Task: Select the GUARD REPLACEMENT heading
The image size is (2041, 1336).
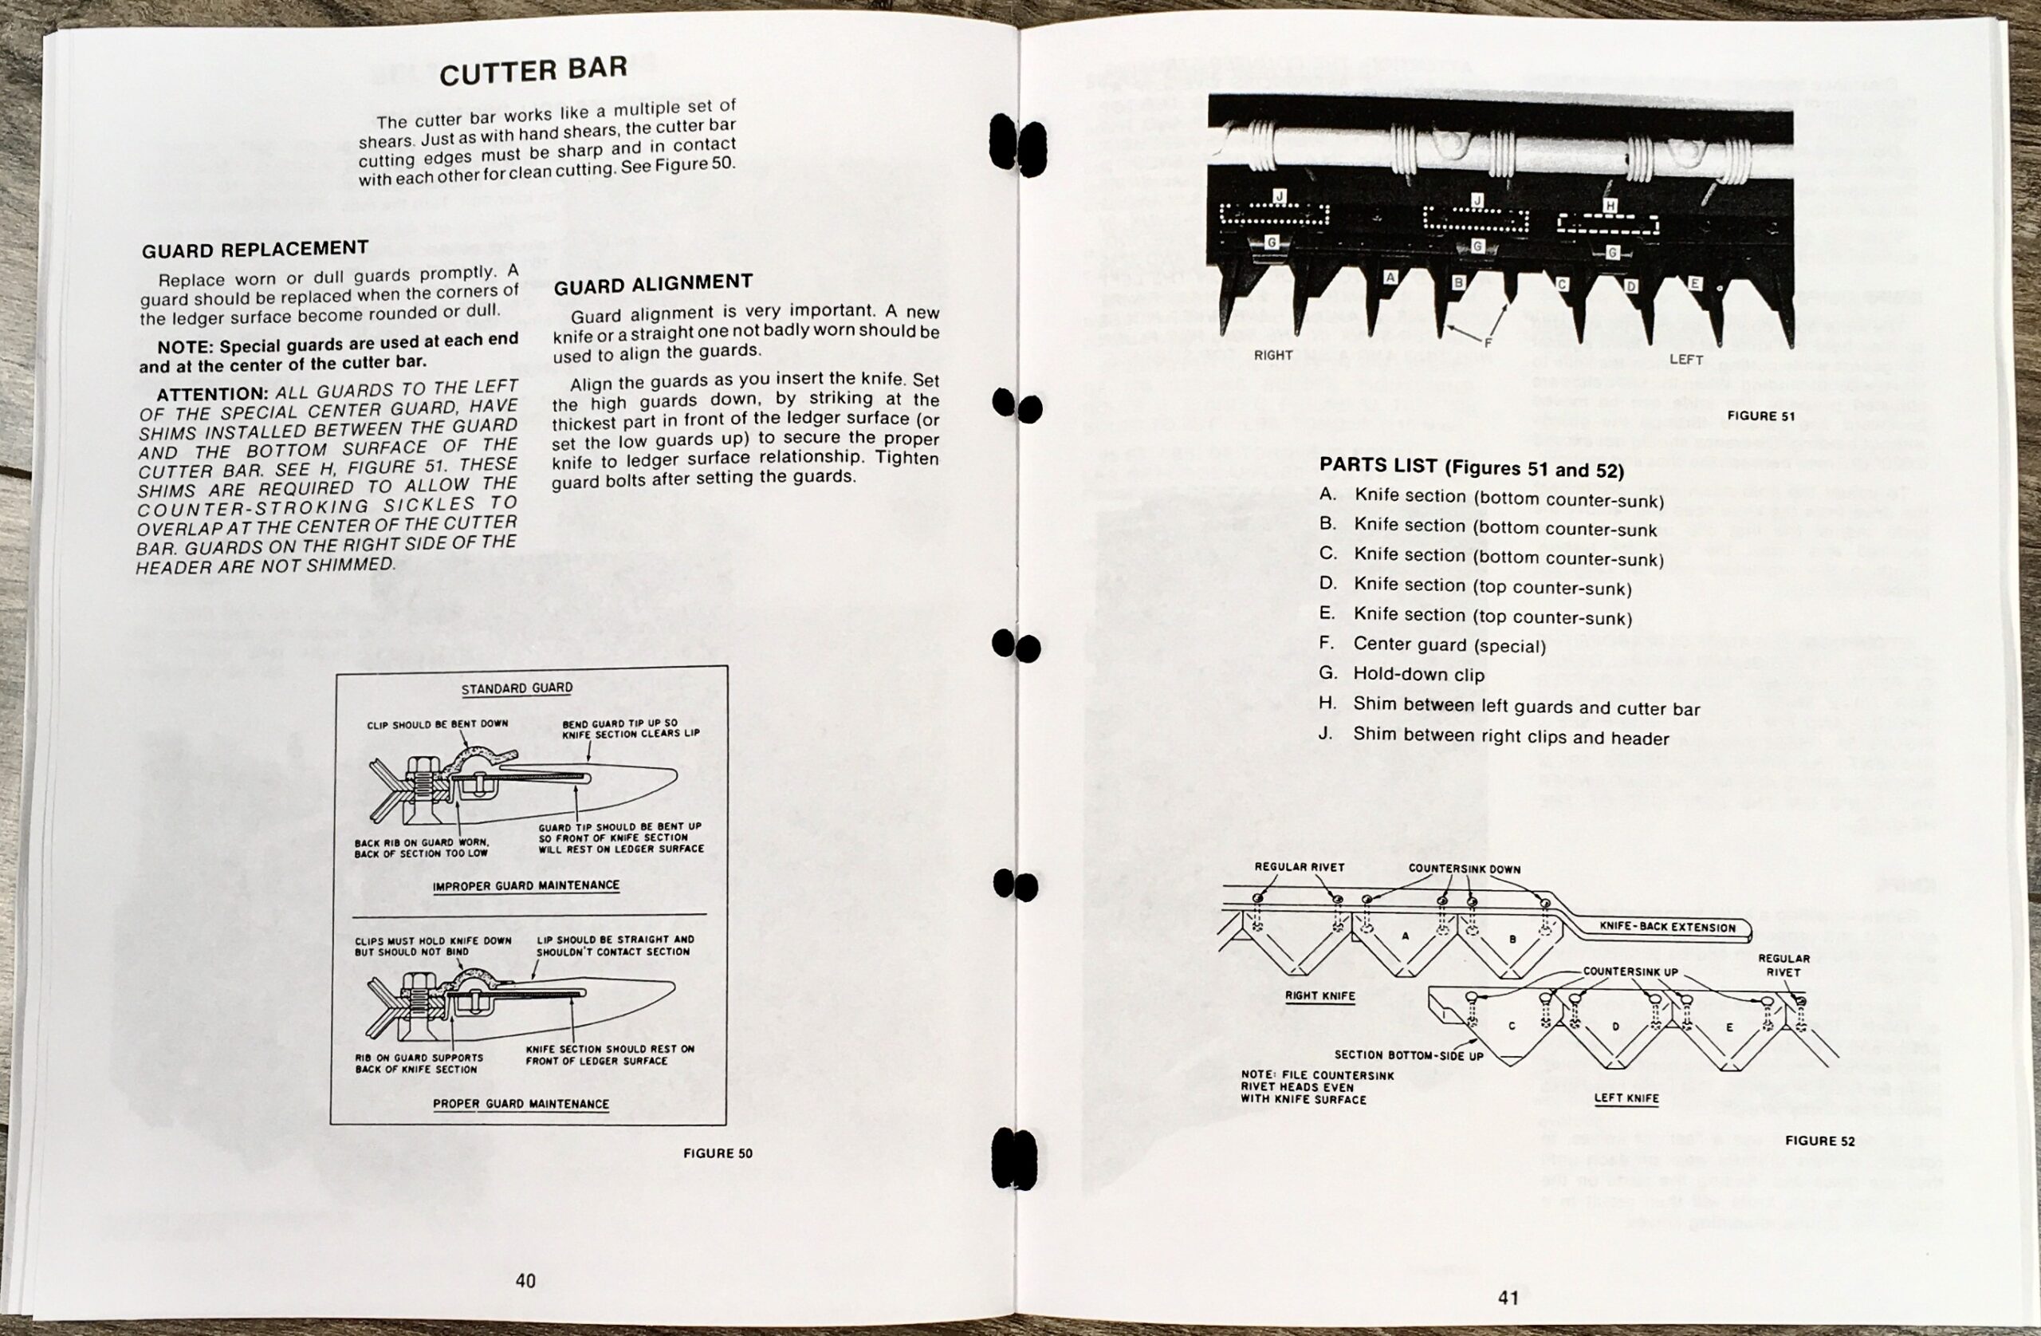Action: tap(254, 249)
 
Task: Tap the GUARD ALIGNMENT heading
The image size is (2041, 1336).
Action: tap(653, 283)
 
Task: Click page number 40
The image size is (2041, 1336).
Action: tap(525, 1280)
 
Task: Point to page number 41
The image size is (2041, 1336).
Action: tap(1508, 1298)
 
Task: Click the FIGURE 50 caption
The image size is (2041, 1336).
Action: tap(718, 1153)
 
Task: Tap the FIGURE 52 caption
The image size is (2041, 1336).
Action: tap(1819, 1141)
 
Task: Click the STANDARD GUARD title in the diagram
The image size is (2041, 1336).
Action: tap(517, 688)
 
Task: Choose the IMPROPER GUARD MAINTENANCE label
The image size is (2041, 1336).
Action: tap(525, 885)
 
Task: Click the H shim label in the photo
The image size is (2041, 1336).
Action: tap(1610, 206)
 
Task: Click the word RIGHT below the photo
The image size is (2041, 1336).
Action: tap(1272, 355)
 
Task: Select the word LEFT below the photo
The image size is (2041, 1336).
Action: tap(1685, 360)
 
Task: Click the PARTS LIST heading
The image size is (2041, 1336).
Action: tap(1472, 467)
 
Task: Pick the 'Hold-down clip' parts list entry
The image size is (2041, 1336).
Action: tap(1418, 675)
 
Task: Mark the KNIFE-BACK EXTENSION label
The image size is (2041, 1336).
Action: tap(1667, 927)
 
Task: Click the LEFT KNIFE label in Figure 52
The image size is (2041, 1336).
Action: tap(1626, 1098)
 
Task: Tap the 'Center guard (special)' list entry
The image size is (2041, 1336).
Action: tap(1449, 644)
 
